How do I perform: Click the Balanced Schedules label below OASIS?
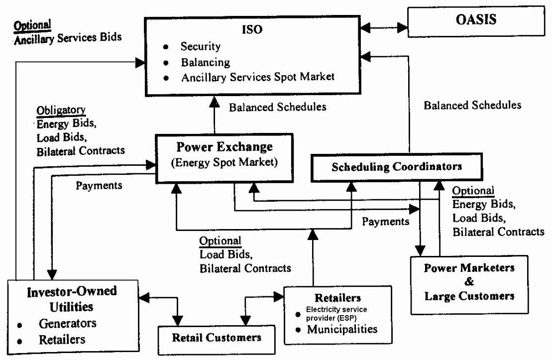click(473, 106)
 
